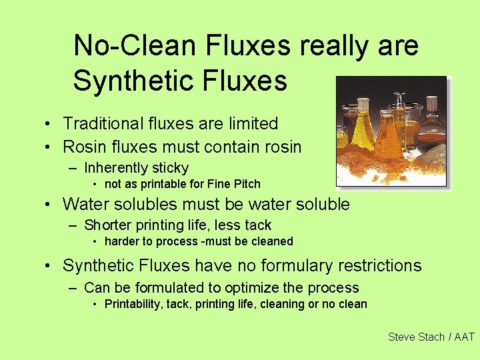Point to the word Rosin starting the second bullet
[x=83, y=146]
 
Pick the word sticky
[x=171, y=168]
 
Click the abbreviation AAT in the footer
[x=464, y=337]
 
